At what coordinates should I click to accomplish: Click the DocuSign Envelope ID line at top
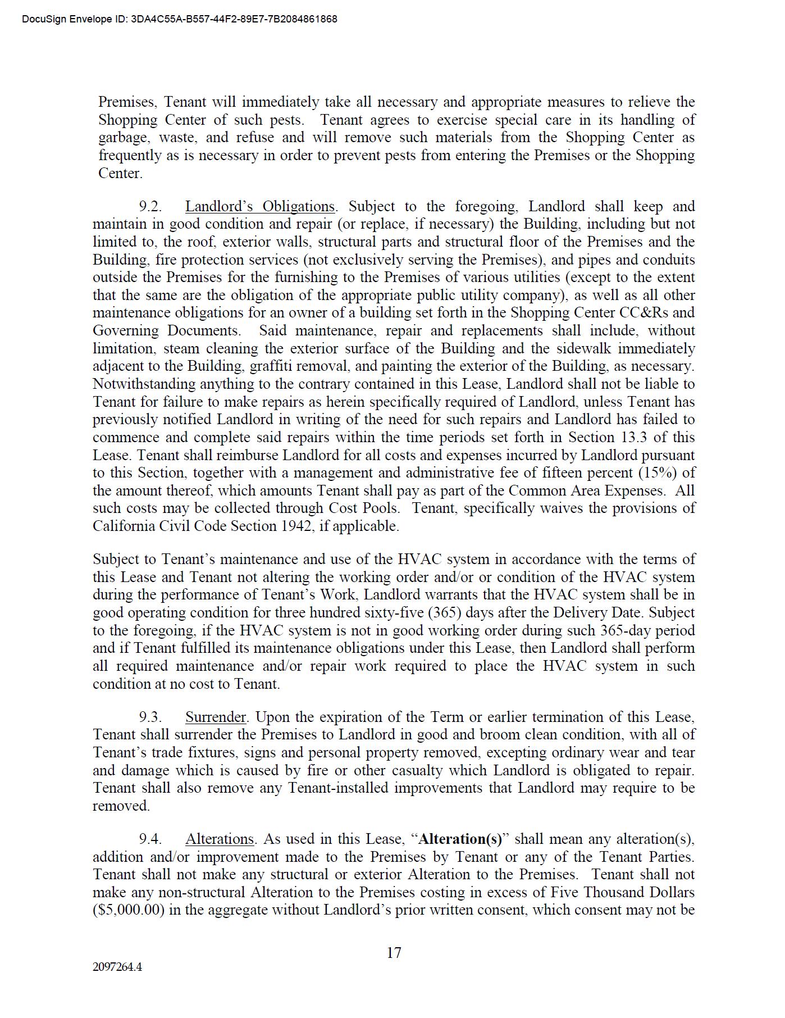[180, 19]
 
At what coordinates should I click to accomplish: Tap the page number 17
[394, 953]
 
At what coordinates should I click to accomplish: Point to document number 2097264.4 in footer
[117, 967]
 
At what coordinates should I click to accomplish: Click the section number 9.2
[150, 207]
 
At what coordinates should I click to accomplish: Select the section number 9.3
[150, 717]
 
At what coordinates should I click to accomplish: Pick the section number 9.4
[150, 839]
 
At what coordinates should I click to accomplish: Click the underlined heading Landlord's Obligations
[260, 207]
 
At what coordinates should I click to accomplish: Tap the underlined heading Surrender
[216, 717]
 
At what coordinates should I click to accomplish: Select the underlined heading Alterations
[220, 839]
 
